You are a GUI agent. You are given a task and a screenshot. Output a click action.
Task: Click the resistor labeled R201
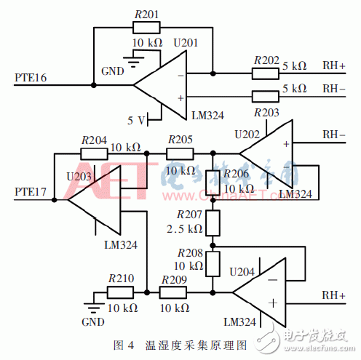coord(146,28)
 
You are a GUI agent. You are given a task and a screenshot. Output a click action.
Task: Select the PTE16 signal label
coord(31,76)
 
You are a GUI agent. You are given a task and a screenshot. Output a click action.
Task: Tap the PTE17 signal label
coord(31,192)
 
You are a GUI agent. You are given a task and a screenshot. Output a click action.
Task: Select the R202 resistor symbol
coord(265,73)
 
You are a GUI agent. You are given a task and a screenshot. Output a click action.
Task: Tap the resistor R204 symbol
coord(93,153)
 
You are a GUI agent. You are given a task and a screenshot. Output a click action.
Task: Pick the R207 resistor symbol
coord(213,223)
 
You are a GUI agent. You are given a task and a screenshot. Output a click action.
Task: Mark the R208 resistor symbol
coord(213,263)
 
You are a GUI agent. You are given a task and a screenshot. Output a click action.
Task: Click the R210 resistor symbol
coord(120,292)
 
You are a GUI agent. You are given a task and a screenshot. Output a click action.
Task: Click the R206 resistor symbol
coord(213,182)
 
